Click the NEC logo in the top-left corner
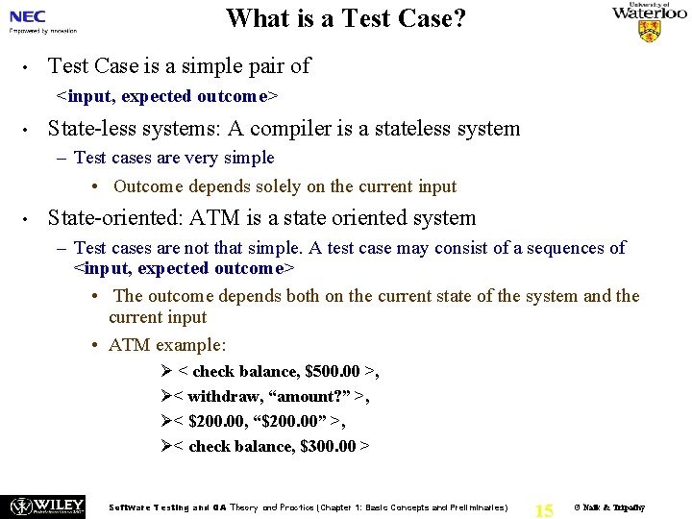click(x=28, y=16)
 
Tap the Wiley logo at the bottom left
click(x=45, y=506)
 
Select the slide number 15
click(x=544, y=509)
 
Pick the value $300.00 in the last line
click(x=333, y=446)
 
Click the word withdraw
click(x=222, y=396)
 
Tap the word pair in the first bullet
click(x=246, y=66)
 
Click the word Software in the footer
click(x=135, y=507)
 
